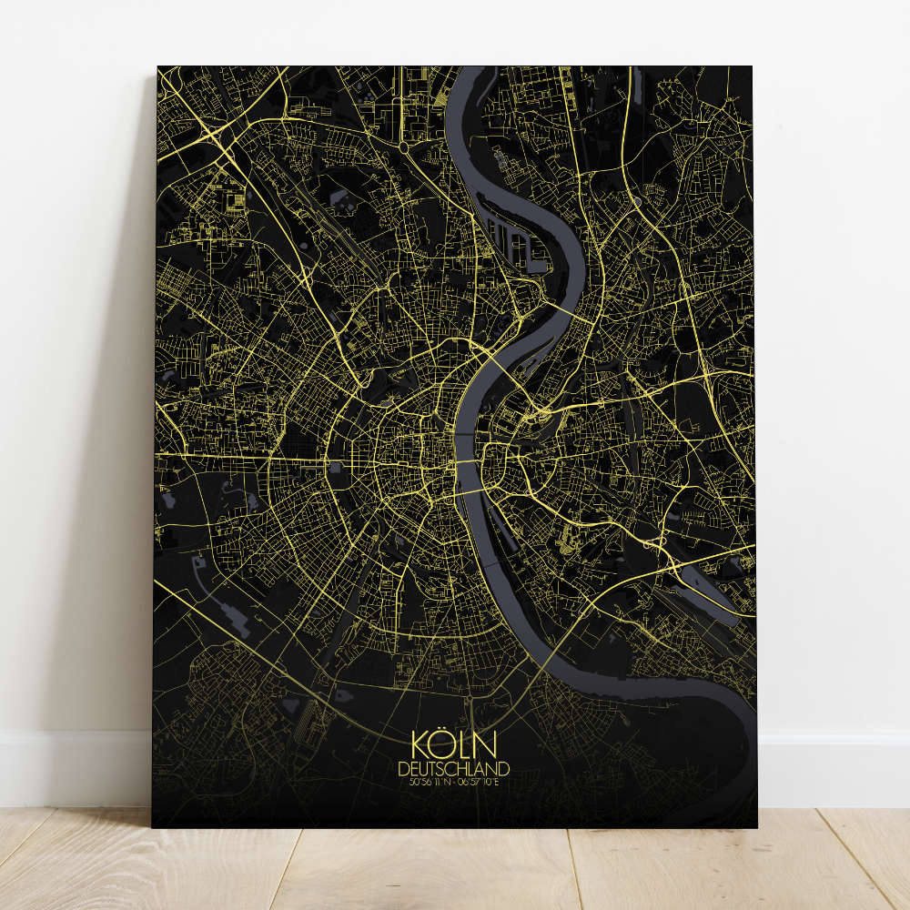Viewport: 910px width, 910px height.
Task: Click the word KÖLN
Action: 454,745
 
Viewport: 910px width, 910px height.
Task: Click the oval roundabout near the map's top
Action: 403,146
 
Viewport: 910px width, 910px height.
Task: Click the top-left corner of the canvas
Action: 157,66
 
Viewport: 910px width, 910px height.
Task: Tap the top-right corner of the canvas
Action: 753,66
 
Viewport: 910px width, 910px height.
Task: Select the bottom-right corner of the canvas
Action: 756,826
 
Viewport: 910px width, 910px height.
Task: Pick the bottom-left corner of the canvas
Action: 153,826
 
